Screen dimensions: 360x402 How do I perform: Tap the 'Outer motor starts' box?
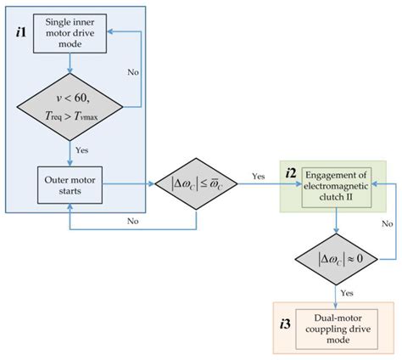pos(70,180)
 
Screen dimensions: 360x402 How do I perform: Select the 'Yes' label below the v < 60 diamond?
pos(83,149)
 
